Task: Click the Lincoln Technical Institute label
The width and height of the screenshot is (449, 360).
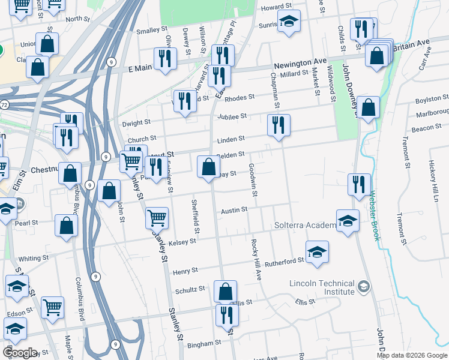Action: point(322,287)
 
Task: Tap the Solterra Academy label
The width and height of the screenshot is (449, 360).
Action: point(306,225)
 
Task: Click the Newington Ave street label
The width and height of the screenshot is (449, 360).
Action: point(300,63)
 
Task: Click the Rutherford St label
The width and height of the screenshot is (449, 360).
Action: point(285,261)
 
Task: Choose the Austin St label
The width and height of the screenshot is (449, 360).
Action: point(234,210)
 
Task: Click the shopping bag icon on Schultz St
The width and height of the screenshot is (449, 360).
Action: point(225,292)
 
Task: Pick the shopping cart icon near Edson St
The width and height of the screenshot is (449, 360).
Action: point(53,307)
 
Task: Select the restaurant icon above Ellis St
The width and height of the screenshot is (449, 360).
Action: point(226,314)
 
